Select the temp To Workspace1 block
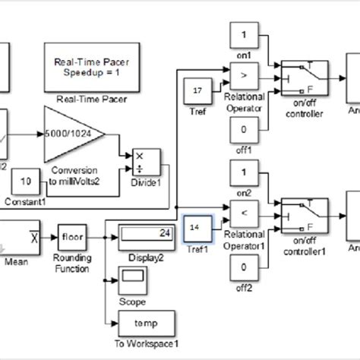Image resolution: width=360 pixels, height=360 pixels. pos(146,322)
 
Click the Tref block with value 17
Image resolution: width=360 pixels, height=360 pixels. pos(197,92)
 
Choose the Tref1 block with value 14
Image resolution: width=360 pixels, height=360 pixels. pos(198,227)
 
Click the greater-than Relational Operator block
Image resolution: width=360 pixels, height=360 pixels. pos(244,76)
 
